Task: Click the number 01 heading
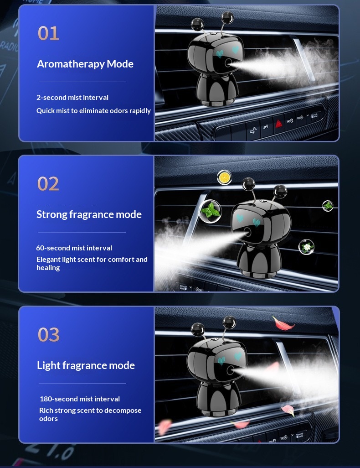point(48,33)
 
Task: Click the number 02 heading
point(48,184)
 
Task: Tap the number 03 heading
point(48,334)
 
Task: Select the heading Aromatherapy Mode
point(85,64)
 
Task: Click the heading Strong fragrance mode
point(89,214)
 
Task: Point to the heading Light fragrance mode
point(86,365)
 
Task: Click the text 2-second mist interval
point(72,97)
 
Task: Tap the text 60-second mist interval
point(74,248)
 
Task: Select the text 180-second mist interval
point(80,399)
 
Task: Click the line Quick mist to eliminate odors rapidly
point(93,110)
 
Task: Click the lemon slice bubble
point(224,177)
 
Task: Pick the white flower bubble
point(306,247)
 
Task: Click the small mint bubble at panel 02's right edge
point(328,206)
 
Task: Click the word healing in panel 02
point(48,268)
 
